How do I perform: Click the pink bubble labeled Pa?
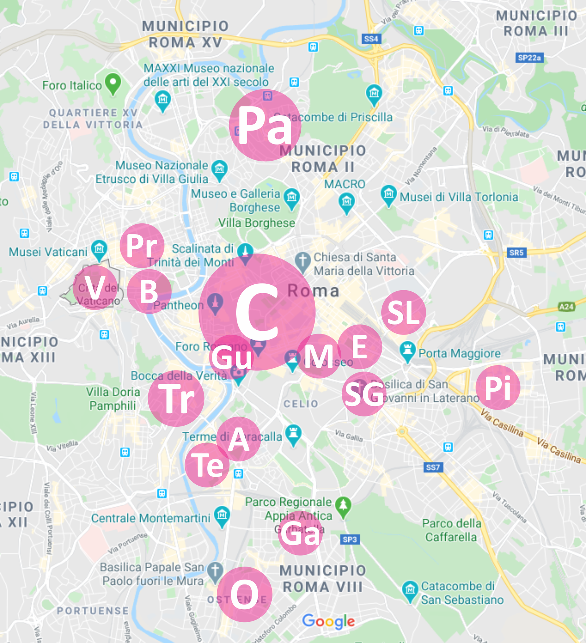click(x=265, y=125)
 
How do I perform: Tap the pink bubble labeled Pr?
click(x=142, y=245)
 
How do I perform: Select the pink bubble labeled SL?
click(x=403, y=312)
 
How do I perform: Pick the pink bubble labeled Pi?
click(x=498, y=387)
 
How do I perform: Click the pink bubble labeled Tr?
click(x=176, y=398)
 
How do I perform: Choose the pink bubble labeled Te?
click(x=207, y=465)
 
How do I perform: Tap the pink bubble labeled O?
click(x=244, y=594)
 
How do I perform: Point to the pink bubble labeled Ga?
click(x=300, y=533)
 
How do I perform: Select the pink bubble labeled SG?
click(x=364, y=394)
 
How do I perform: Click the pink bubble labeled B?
click(x=149, y=291)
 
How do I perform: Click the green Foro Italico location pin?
click(x=113, y=83)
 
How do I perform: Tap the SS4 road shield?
click(x=371, y=39)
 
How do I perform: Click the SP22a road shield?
click(x=529, y=57)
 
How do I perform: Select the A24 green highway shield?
click(x=566, y=307)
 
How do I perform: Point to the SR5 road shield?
click(x=516, y=253)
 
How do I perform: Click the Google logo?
click(x=329, y=621)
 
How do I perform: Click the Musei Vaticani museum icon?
click(x=99, y=249)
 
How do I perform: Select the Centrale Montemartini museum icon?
click(x=222, y=515)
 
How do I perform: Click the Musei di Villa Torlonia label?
click(x=459, y=197)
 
